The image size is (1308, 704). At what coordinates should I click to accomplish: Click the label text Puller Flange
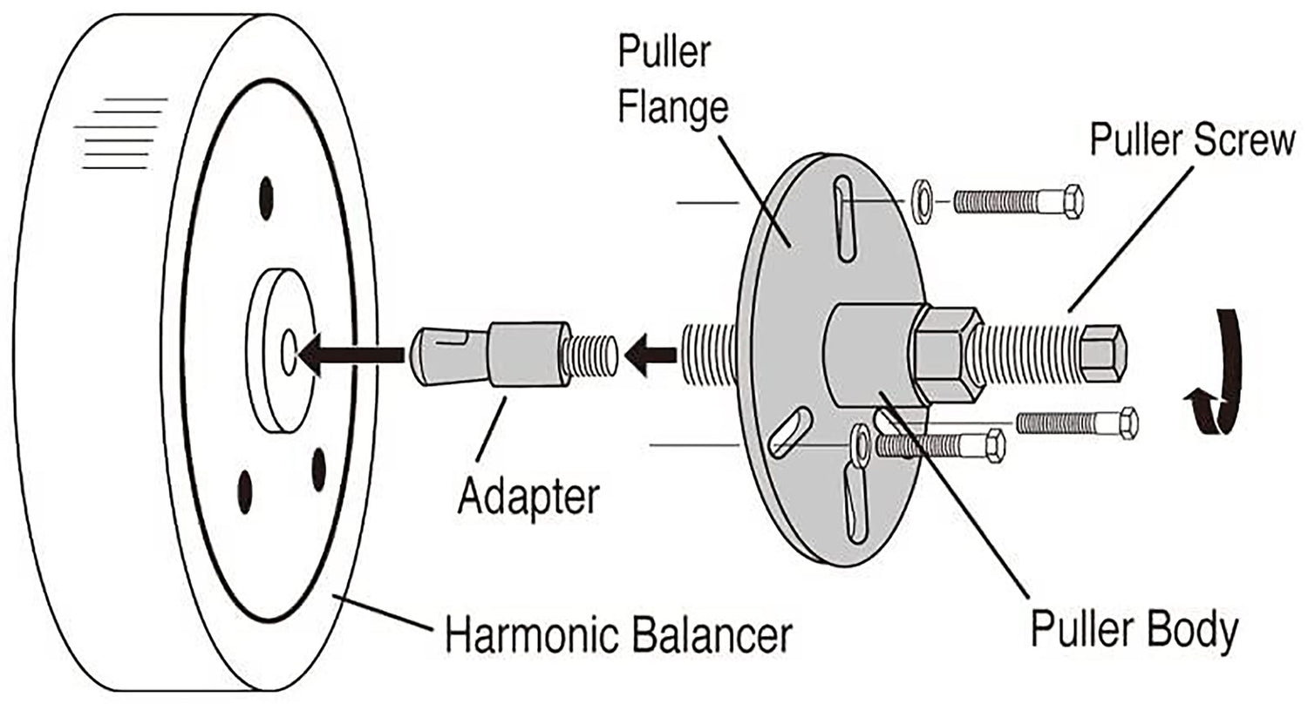coord(672,82)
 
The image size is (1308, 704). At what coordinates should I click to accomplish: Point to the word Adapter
coord(529,497)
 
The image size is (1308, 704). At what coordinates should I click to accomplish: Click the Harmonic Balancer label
coord(617,635)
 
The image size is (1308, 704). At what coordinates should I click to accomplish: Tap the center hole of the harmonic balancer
coord(289,352)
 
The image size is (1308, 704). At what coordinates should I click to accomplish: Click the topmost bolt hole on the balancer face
coord(266,198)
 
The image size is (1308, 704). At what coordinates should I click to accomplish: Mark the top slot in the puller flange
coord(844,217)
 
